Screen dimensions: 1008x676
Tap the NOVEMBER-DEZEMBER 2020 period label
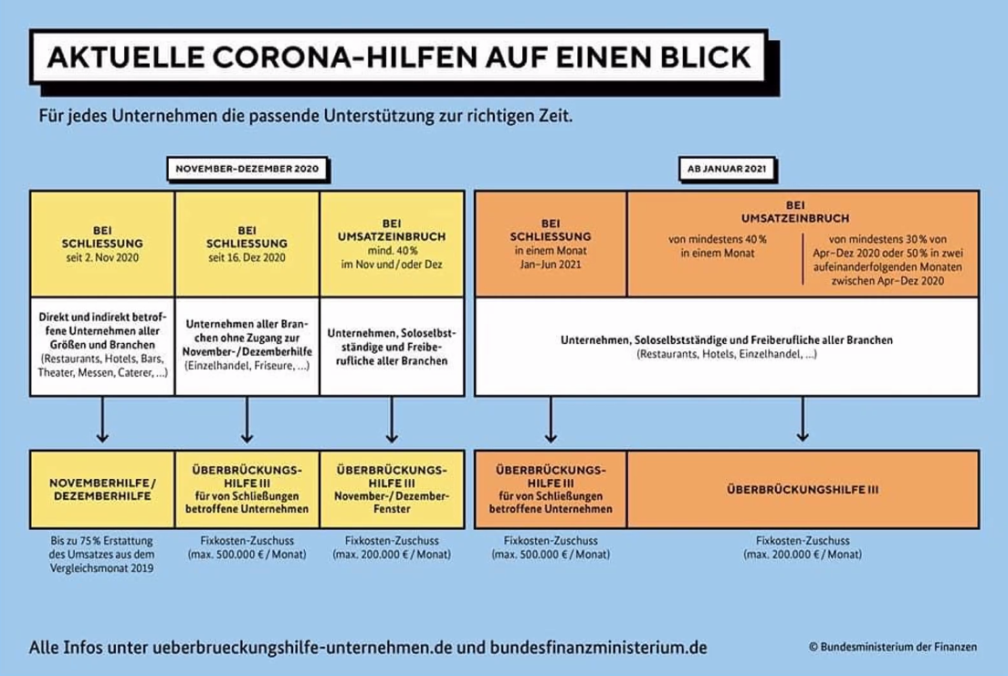tap(247, 169)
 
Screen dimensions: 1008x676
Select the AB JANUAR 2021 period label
tap(727, 169)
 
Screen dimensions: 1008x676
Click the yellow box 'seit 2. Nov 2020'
tap(102, 244)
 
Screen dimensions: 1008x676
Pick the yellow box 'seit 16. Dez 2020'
tap(247, 244)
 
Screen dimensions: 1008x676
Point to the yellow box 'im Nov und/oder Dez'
tap(392, 244)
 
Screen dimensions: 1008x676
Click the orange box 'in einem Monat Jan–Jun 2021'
tap(551, 244)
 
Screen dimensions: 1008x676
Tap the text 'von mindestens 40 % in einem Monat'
tap(718, 246)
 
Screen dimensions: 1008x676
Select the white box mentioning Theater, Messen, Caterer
tap(102, 346)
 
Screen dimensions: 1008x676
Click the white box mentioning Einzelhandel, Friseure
tap(247, 346)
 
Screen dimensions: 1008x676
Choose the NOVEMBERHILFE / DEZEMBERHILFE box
tap(102, 489)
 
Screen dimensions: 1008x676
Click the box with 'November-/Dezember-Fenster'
tap(392, 489)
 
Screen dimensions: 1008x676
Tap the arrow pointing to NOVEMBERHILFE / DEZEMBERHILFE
tap(102, 420)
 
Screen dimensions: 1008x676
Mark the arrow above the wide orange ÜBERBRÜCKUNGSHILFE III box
tap(803, 419)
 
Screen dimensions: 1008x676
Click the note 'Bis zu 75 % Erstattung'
tap(101, 540)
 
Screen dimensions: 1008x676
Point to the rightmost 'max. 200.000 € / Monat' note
tap(803, 554)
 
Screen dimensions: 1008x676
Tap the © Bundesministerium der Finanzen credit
tap(893, 647)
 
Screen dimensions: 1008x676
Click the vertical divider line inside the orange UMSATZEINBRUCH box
tap(803, 258)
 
